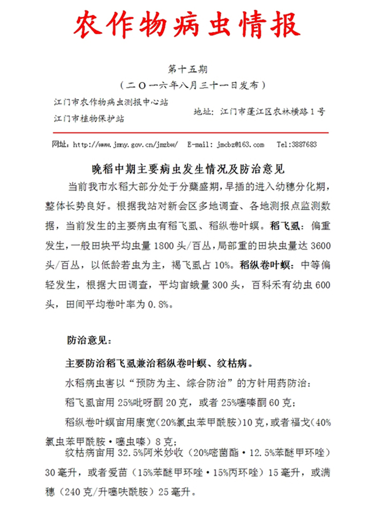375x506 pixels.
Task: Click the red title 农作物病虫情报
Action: point(187,26)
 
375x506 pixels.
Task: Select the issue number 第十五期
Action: point(187,69)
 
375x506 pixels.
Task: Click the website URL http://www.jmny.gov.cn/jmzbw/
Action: point(125,145)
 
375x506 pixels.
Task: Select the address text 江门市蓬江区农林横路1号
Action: point(271,112)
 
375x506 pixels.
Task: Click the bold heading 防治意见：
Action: point(89,341)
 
